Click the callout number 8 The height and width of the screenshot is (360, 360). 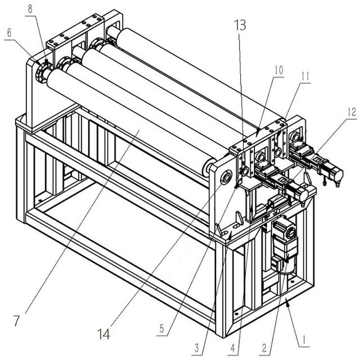pos(30,9)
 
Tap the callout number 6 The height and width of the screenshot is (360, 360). pos(9,33)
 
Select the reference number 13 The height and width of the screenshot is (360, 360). pos(240,25)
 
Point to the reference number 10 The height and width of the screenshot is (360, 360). pos(279,70)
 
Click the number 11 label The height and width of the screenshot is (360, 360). pos(305,77)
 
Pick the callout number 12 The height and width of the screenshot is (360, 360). pos(351,112)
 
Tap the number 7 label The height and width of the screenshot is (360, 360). pos(16,321)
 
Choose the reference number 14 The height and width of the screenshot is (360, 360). pos(104,334)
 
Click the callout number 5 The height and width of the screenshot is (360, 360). pos(162,329)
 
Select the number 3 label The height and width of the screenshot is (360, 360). pos(197,348)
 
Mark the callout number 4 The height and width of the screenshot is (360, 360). pos(233,349)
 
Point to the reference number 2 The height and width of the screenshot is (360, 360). pos(264,348)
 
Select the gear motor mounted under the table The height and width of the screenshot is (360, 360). pos(284,245)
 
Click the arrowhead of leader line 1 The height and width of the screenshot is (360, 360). pos(287,304)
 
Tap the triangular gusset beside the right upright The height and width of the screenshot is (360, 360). pos(240,218)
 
